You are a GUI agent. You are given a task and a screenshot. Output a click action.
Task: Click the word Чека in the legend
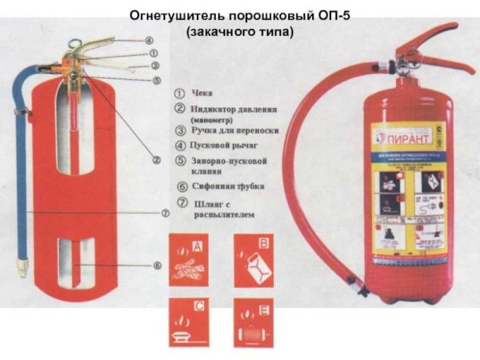coord(201,94)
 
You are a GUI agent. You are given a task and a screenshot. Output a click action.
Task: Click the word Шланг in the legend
coord(206,204)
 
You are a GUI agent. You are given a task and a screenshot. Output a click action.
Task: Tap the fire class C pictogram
coord(189,319)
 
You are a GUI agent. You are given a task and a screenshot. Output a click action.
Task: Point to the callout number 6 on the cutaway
coord(157,265)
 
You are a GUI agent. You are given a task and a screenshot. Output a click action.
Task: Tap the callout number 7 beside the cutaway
coord(164,214)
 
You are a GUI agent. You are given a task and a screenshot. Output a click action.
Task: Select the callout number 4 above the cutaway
coord(149,40)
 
